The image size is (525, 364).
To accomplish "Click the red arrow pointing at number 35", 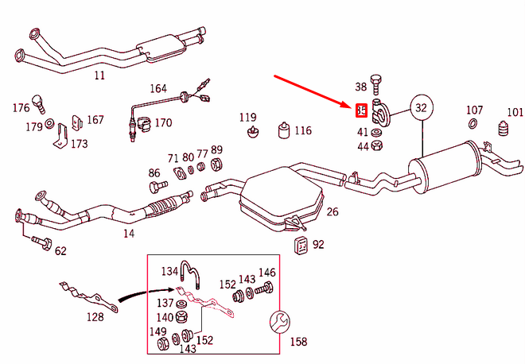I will tap(314, 92).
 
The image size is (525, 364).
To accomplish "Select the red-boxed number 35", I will tap(361, 110).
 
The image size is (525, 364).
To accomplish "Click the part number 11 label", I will tap(99, 76).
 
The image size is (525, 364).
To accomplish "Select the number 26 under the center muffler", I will tap(332, 212).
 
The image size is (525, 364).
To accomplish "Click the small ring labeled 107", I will tap(472, 124).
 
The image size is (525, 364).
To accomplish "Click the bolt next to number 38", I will tap(377, 83).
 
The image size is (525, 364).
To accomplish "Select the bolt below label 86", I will tap(154, 188).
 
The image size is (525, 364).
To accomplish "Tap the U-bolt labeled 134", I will tap(189, 273).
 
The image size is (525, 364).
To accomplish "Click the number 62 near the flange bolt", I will tap(60, 251).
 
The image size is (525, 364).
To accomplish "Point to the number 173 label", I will tap(80, 144).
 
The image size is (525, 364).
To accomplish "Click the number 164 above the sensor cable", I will tap(158, 88).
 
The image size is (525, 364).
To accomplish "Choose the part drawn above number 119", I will tap(252, 130).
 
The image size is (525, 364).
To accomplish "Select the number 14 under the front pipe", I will tap(128, 234).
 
